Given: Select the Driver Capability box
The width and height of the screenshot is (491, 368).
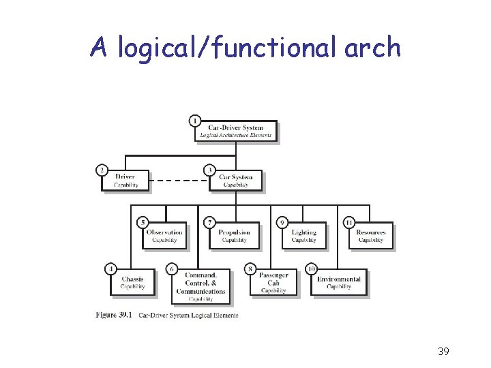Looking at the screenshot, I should (x=125, y=181).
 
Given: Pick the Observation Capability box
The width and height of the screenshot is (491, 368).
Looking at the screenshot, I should (x=164, y=236).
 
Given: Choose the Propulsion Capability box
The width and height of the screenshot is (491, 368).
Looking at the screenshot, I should (x=234, y=236).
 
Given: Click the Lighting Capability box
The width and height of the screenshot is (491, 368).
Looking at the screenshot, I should (x=303, y=236).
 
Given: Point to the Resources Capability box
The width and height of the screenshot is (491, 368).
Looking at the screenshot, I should (x=370, y=236).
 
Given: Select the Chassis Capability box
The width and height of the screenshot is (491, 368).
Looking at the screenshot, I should (x=132, y=283).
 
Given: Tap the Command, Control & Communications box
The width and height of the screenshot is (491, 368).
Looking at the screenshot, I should (x=200, y=287).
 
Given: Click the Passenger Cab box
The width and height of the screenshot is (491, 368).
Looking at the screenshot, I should (x=273, y=283).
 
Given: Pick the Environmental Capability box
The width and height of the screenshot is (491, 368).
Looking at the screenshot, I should (x=338, y=283).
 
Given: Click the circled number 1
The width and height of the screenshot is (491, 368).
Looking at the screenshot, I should (x=195, y=121).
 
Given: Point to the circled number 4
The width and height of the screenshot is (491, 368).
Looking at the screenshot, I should (x=110, y=269).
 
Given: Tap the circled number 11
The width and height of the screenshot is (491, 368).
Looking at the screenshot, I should (x=348, y=222).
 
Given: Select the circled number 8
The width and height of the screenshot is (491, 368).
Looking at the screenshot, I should (x=251, y=269).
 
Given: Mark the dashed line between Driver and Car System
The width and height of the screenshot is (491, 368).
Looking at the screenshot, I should (x=179, y=181).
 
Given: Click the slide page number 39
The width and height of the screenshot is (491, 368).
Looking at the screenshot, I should (x=443, y=352).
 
